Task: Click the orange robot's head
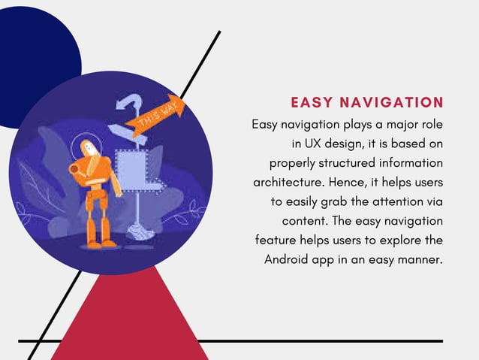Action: point(89,149)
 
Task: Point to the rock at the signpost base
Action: point(139,232)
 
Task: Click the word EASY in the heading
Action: point(312,102)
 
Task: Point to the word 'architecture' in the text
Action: point(285,182)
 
